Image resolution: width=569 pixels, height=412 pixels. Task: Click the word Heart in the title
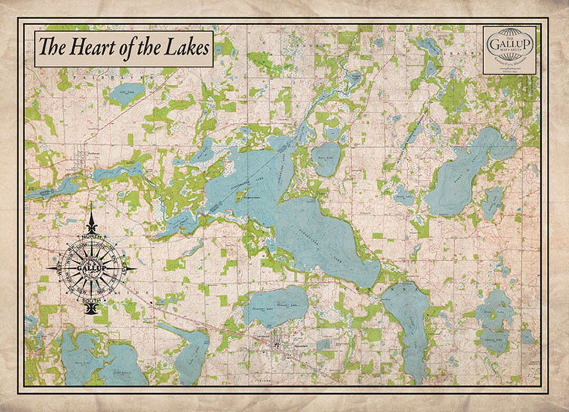(x=89, y=48)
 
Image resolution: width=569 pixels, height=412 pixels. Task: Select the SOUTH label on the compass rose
(x=91, y=300)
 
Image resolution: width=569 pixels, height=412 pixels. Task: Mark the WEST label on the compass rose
(x=58, y=269)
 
